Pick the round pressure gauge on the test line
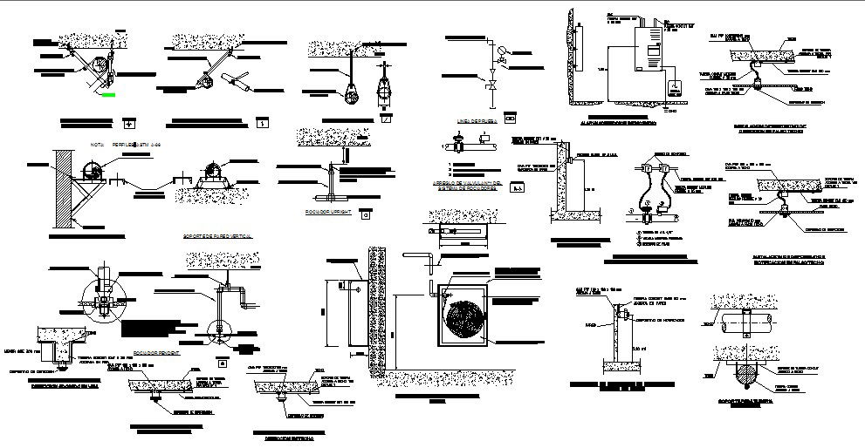pos(501,51)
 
